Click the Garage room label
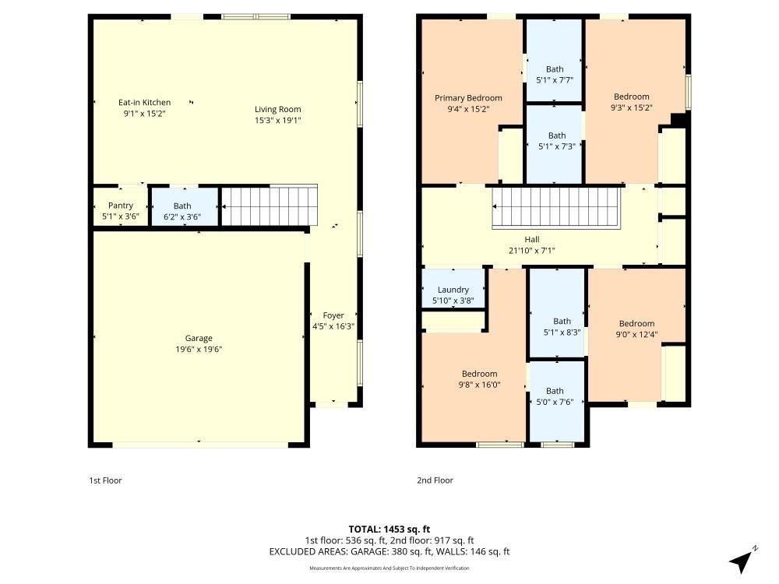(199, 339)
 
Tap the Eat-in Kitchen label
(144, 103)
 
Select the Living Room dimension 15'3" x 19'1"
(277, 121)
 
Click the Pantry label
(121, 206)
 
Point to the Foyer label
(333, 315)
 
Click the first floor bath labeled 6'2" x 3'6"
(182, 212)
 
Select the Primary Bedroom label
(468, 98)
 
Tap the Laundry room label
(453, 290)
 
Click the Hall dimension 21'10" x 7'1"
(532, 251)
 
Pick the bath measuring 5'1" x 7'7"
(555, 75)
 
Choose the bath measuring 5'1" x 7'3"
(556, 141)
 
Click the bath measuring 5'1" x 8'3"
(562, 326)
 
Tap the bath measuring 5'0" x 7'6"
(555, 396)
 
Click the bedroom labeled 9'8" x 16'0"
(479, 378)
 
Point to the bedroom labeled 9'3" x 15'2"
(631, 102)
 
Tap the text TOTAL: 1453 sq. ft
(389, 529)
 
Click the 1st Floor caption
(105, 480)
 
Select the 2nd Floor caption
(435, 480)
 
